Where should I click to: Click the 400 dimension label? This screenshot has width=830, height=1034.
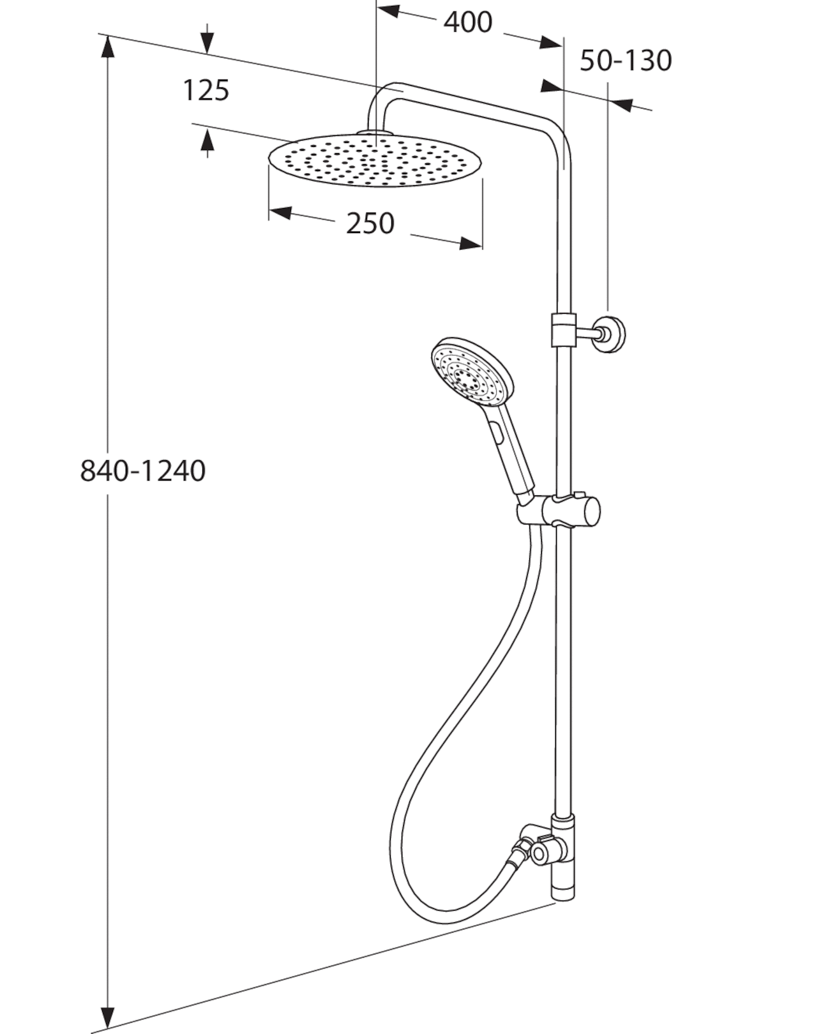(x=467, y=22)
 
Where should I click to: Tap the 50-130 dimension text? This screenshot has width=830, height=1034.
(x=625, y=61)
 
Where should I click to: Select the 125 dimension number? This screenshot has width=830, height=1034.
(x=206, y=91)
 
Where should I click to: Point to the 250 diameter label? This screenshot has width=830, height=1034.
(x=370, y=223)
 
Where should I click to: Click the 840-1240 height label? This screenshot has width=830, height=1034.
(x=143, y=470)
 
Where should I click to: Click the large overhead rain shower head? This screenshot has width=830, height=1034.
(x=375, y=160)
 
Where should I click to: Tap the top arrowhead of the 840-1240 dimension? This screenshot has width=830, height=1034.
(x=108, y=46)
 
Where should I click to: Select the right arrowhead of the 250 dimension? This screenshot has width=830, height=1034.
(x=471, y=243)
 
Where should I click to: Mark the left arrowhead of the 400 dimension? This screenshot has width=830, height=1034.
(x=389, y=11)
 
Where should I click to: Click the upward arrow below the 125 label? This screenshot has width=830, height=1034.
(x=207, y=143)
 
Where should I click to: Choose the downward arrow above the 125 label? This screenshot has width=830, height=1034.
(x=207, y=38)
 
